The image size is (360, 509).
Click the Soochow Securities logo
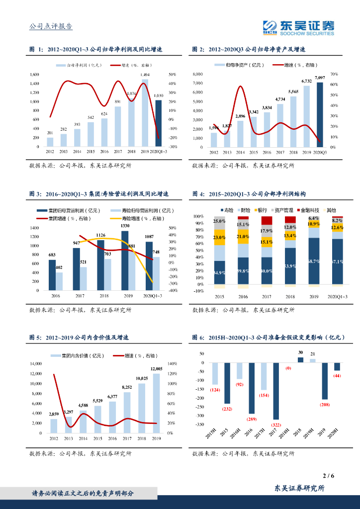click(x=298, y=28)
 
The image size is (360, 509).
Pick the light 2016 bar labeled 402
click(x=59, y=281)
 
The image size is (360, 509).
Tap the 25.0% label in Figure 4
click(x=219, y=221)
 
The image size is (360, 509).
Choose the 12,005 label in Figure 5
click(x=157, y=369)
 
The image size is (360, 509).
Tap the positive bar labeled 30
click(x=300, y=360)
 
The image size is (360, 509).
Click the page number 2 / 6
click(x=328, y=476)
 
